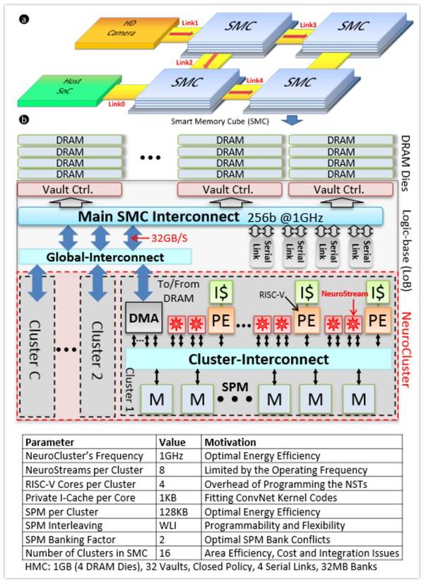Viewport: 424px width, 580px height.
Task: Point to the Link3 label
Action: [x=309, y=25]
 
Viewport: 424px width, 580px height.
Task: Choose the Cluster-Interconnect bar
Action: [x=258, y=359]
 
